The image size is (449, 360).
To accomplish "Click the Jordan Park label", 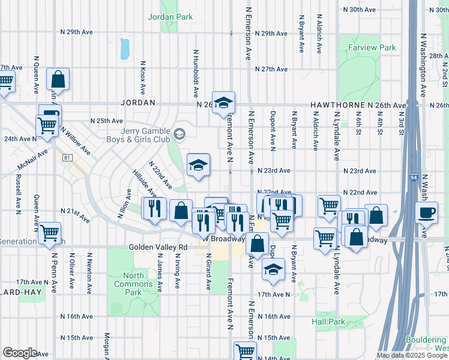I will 171,17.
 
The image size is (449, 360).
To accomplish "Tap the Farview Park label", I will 372,47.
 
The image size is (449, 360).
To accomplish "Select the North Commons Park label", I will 128,284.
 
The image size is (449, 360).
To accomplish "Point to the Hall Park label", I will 328,322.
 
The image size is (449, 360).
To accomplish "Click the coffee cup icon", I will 427,212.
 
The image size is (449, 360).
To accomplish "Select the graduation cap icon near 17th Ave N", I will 273,269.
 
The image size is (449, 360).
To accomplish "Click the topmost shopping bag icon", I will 58,79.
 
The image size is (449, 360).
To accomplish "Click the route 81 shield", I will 67,157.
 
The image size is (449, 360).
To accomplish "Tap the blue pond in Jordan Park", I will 124,49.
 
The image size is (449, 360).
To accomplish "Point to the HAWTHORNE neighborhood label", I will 334,105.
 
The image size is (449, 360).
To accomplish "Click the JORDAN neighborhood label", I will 137,103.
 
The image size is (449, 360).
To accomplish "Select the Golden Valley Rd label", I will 158,247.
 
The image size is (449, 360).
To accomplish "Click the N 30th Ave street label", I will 359,10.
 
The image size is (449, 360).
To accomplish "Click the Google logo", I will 20,352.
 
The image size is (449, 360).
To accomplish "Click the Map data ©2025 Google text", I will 411,355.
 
